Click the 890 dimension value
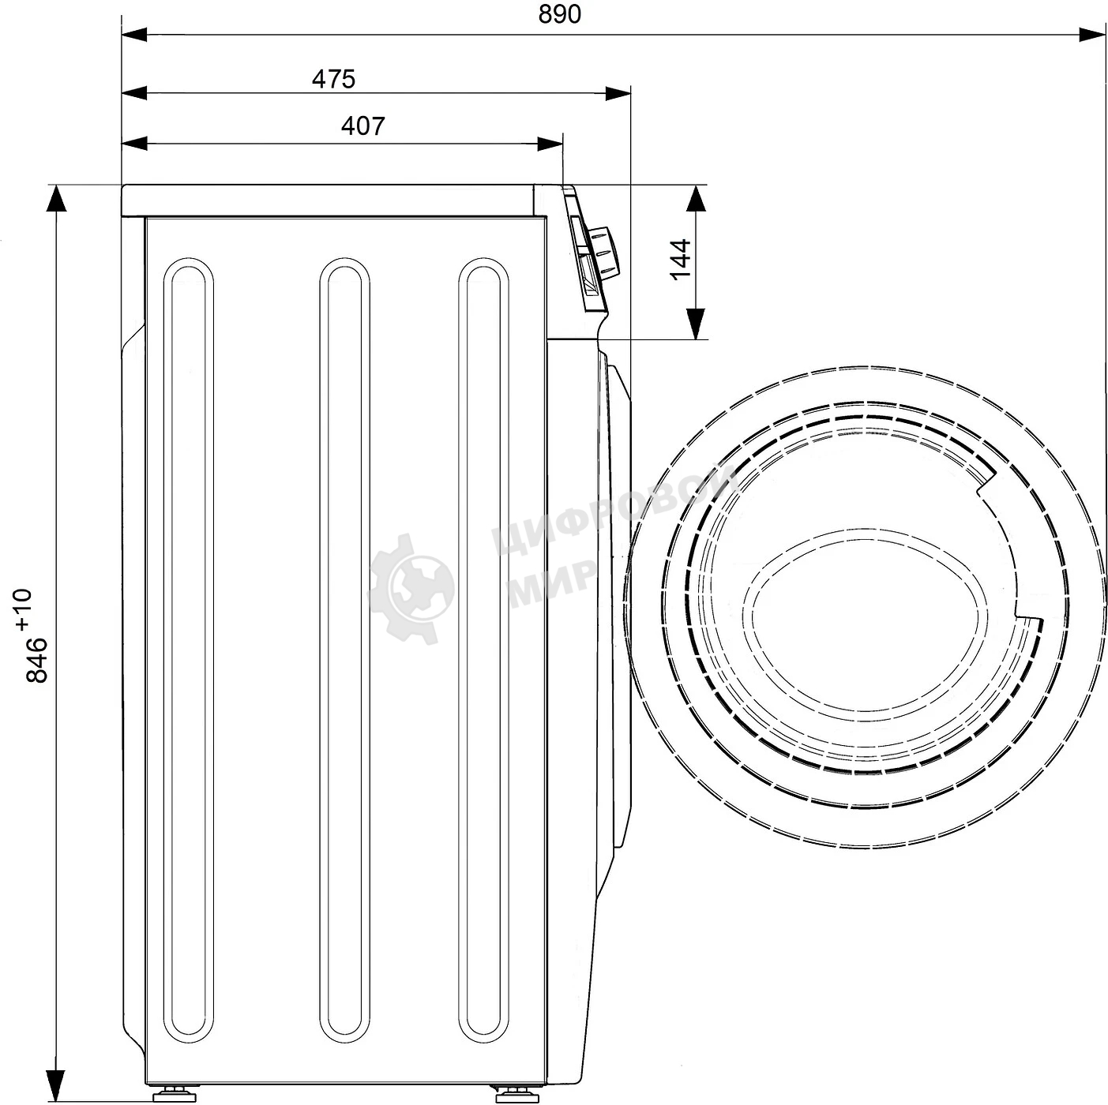559,13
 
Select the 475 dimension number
333,79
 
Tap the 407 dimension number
362,126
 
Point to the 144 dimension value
681,260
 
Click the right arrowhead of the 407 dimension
550,143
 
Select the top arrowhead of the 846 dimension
56,198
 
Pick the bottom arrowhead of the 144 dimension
696,324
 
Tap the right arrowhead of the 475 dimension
618,92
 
